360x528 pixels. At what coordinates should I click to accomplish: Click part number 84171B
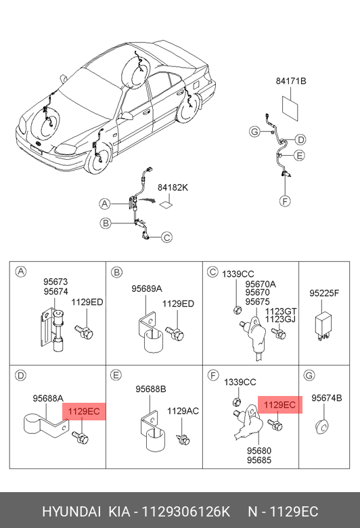pos(290,81)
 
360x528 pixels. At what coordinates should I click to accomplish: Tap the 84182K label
pos(173,188)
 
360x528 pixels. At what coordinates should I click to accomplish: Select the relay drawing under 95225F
pos(323,326)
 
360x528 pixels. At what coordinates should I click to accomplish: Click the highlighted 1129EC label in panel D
pos(84,411)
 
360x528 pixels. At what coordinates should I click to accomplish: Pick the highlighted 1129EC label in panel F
pos(280,404)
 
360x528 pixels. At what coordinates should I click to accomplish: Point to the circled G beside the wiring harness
pos(255,131)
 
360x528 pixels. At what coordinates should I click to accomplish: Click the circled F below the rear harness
pos(285,201)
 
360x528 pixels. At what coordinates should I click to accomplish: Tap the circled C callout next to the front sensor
pos(166,238)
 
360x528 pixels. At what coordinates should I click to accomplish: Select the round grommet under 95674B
pos(323,428)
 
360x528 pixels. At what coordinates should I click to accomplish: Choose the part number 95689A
pos(146,288)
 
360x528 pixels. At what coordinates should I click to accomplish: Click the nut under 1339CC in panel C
pos(237,309)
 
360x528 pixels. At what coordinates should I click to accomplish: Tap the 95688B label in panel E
pos(150,389)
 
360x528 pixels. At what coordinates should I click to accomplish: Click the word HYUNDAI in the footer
pos(72,512)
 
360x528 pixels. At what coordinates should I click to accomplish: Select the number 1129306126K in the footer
pos(185,512)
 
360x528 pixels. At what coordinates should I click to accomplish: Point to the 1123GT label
pos(280,311)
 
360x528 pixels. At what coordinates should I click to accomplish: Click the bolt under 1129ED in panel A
pos(84,332)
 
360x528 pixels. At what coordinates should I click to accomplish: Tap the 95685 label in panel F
pos(259,460)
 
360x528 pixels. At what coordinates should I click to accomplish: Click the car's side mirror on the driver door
pos(127,116)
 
